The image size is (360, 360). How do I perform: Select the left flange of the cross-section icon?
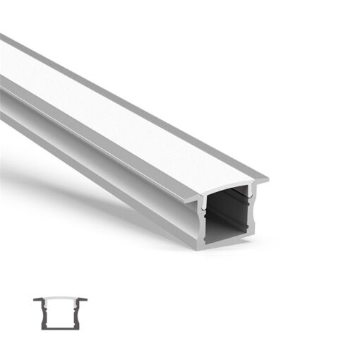click(37, 299)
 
